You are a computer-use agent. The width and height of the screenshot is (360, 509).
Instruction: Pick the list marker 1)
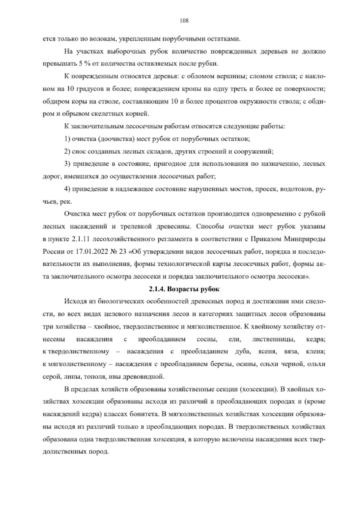pos(67,139)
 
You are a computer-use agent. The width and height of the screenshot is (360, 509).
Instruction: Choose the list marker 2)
pos(67,152)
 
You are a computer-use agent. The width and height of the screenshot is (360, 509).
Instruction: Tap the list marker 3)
pos(67,164)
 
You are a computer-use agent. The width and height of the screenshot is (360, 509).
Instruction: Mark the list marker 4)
pos(67,189)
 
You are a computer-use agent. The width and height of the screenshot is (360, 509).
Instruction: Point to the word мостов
pos(240,189)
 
